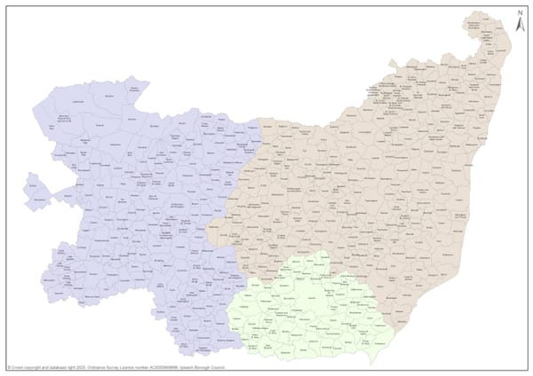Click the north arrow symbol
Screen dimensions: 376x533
pos(519,25)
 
